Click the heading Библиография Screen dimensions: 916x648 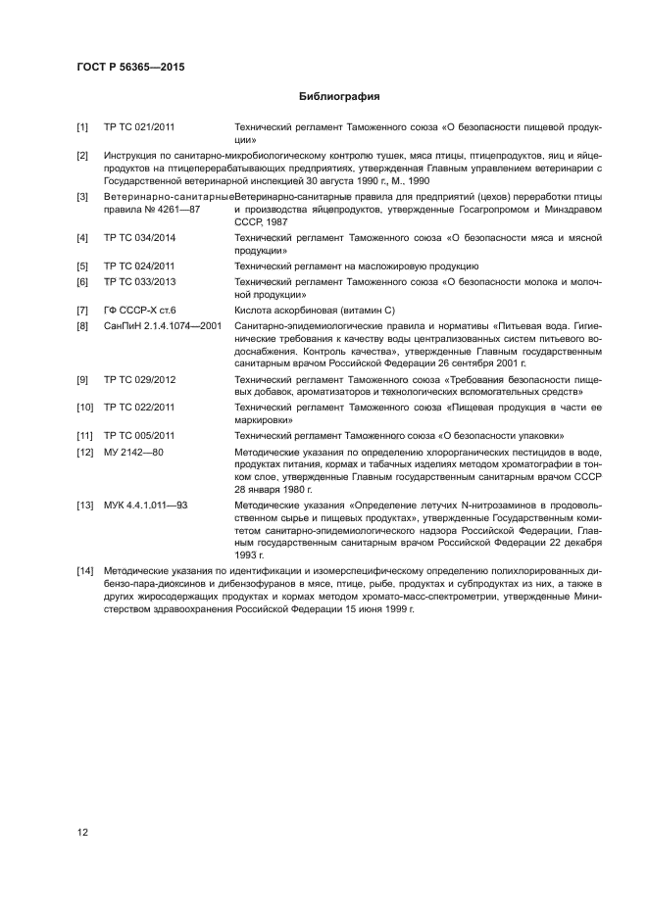338,97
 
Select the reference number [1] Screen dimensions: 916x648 83,127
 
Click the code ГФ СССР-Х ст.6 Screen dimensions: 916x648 139,310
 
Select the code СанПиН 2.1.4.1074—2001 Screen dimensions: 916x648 163,324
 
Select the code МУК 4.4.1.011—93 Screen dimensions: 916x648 145,505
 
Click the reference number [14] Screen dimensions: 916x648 85,571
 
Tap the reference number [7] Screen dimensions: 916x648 83,310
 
